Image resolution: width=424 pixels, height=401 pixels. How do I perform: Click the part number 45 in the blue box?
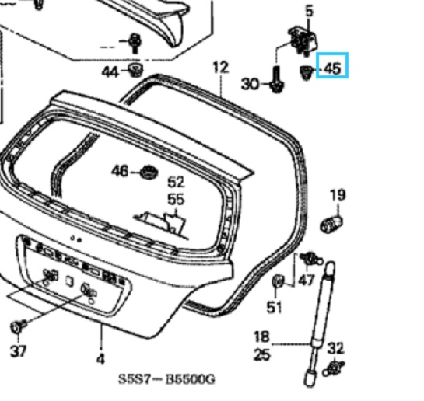tap(332, 69)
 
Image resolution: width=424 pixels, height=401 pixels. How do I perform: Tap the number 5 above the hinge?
tap(309, 11)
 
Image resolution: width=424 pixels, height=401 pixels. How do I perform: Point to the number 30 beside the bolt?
tap(250, 84)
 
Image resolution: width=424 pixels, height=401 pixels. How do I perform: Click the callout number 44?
tap(112, 71)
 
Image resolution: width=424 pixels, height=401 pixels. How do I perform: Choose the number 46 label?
tap(121, 170)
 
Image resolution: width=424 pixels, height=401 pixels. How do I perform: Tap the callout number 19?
tap(337, 194)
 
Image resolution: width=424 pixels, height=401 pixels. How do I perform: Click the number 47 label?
tap(307, 281)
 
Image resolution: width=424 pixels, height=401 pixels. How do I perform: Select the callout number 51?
tap(273, 308)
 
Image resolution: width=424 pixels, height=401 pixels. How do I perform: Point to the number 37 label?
tap(17, 350)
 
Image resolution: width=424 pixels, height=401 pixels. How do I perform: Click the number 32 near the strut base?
tap(335, 347)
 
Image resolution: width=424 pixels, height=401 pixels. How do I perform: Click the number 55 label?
tap(177, 199)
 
